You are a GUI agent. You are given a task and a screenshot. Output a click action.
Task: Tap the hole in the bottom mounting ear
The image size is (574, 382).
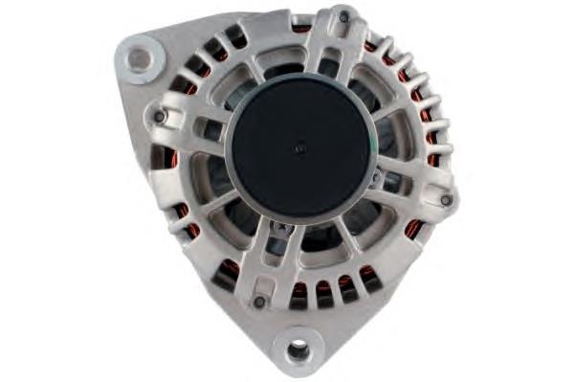click(298, 350)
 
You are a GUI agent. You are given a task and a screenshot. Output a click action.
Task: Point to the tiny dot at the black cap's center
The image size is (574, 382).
click(299, 147)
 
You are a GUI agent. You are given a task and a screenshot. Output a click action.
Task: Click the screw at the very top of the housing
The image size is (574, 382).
click(343, 16)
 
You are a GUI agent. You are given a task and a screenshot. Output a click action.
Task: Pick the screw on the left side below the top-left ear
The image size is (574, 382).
click(160, 117)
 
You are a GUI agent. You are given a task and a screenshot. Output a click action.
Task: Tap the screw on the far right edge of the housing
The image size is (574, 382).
click(446, 199)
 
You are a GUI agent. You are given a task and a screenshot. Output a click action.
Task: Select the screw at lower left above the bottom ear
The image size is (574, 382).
click(259, 302)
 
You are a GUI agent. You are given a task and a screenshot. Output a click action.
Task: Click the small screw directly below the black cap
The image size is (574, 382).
click(279, 229)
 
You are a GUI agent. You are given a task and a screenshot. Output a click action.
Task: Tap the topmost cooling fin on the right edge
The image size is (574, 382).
click(386, 45)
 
